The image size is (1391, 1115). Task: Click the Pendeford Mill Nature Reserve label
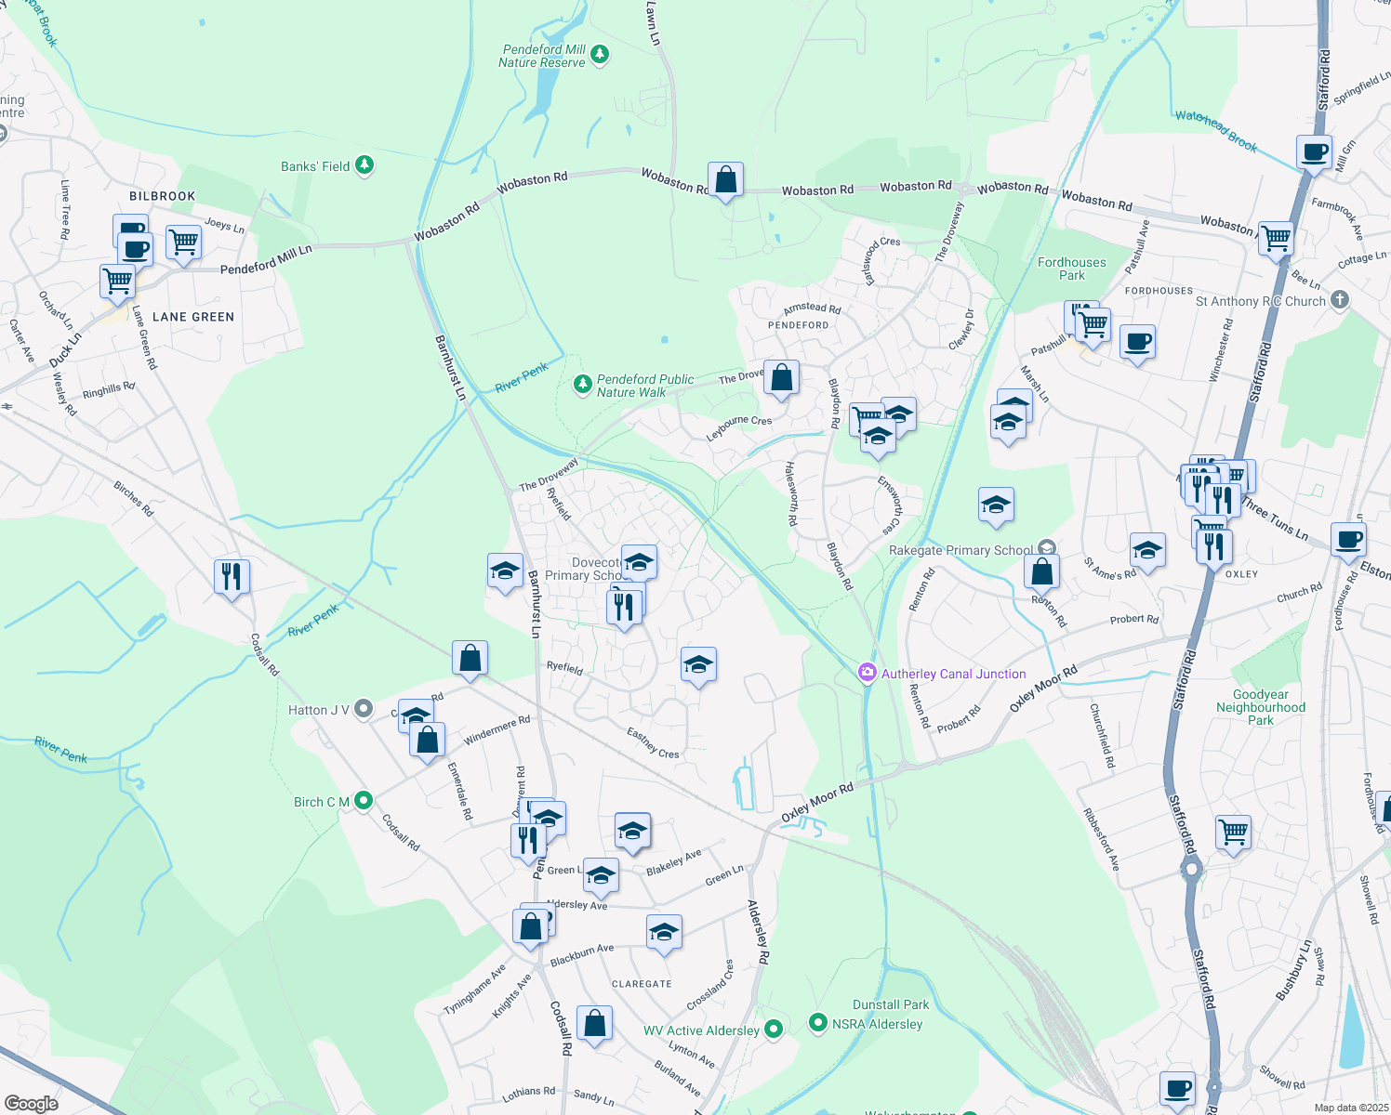(543, 56)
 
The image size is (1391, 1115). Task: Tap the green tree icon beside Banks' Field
(364, 165)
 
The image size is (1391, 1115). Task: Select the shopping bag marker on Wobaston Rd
(725, 180)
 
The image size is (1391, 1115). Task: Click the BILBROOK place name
(163, 196)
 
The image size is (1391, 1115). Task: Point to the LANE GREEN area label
(193, 317)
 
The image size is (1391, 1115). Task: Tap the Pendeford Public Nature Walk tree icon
(583, 384)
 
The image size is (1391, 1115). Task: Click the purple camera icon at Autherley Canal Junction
(868, 672)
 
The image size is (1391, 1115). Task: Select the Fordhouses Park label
(1071, 269)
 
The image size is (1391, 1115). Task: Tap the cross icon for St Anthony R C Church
(1339, 299)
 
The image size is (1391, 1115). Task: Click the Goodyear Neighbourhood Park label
(1261, 707)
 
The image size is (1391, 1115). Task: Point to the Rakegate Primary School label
(960, 550)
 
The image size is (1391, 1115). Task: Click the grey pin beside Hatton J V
(364, 709)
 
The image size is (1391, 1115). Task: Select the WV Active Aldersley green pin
(774, 1029)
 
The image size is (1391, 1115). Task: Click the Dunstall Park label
(891, 1004)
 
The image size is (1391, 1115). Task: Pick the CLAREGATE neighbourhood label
(642, 984)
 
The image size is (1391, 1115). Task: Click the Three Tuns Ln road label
(1275, 520)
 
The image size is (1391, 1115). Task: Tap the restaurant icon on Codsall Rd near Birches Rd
(232, 577)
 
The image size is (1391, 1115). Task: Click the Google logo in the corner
(31, 1104)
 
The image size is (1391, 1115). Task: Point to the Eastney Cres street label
(653, 742)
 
